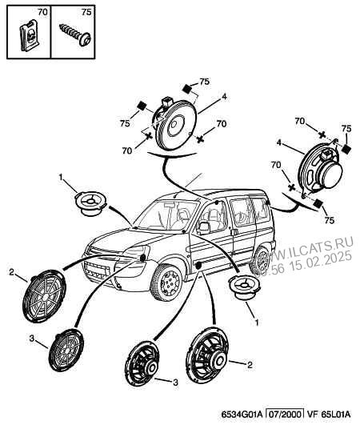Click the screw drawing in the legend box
[75, 35]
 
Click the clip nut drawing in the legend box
[29, 35]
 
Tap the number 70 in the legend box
[42, 12]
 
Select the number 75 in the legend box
[86, 12]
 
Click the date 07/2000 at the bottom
[284, 414]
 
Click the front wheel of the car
[166, 283]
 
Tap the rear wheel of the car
[262, 261]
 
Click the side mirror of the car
[204, 227]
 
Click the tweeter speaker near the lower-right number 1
[244, 287]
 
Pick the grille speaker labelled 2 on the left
[44, 296]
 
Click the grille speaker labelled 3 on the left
[66, 350]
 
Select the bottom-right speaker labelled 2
[207, 355]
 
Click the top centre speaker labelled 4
[174, 124]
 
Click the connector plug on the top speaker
[166, 102]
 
